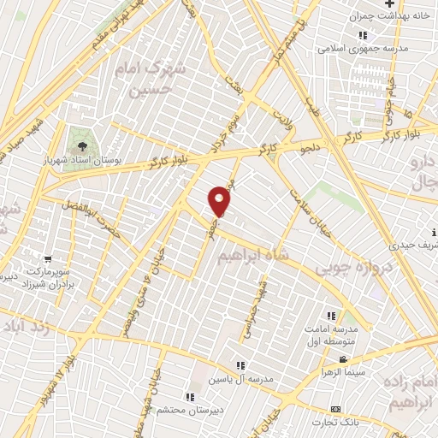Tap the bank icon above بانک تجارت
[x=335, y=409]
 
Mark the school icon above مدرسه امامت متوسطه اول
[x=331, y=314]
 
